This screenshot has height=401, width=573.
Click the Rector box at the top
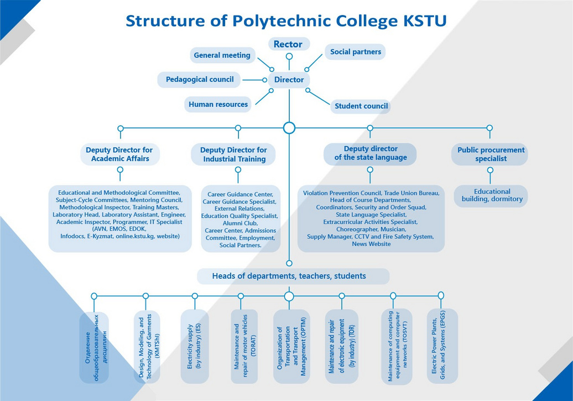pyautogui.click(x=288, y=44)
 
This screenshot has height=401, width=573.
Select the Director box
pyautogui.click(x=289, y=80)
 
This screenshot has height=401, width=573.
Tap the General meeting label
pyautogui.click(x=222, y=55)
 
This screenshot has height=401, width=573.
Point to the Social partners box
pyautogui.click(x=355, y=52)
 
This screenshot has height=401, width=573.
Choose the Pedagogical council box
pyautogui.click(x=200, y=79)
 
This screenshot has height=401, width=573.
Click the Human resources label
pyautogui.click(x=218, y=104)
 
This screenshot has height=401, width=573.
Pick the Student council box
pyautogui.click(x=361, y=106)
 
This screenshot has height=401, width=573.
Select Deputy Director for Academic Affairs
pyautogui.click(x=119, y=155)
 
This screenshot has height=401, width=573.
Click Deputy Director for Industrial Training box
pyautogui.click(x=233, y=155)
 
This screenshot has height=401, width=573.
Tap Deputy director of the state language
pyautogui.click(x=370, y=153)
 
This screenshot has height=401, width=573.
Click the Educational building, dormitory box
pyautogui.click(x=492, y=196)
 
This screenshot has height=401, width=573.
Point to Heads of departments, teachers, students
pyautogui.click(x=289, y=276)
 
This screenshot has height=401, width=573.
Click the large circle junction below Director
pyautogui.click(x=289, y=128)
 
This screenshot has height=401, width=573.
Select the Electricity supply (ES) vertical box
pyautogui.click(x=195, y=346)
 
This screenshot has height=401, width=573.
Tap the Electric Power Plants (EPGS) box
pyautogui.click(x=442, y=346)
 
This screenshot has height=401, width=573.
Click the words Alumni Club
pyautogui.click(x=239, y=223)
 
